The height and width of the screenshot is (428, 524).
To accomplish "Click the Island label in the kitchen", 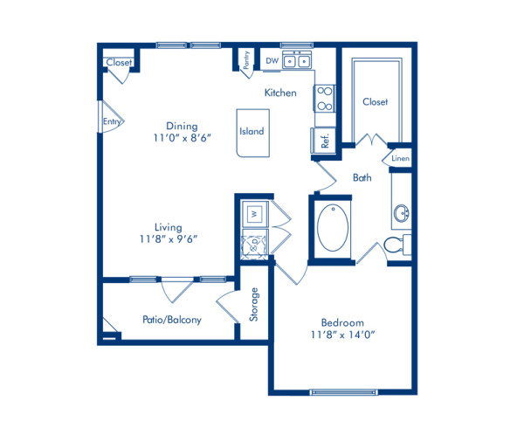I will pos(252,132).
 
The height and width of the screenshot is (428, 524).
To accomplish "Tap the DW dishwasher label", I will pos(272,61).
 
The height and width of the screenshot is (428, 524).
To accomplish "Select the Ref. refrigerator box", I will pos(321,142).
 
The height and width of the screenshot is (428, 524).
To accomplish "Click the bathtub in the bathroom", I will pos(332,228).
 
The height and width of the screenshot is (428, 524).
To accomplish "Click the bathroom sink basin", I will pos(403,213).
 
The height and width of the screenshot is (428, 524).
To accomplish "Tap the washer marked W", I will pos(252,212).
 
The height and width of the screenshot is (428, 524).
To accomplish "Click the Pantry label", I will pos(248,61).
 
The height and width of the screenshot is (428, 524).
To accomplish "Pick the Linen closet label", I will pos(400,159).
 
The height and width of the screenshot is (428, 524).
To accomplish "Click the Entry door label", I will pos(111,122).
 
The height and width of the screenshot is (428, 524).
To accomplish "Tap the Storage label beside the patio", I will pos(254,305).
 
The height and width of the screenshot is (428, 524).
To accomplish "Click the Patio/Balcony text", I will pos(172,320).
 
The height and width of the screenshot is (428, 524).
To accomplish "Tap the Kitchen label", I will pos(280,92).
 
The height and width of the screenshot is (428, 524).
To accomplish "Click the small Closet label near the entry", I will pos(118,63).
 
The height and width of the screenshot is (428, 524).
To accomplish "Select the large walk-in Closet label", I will pos(375,102).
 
